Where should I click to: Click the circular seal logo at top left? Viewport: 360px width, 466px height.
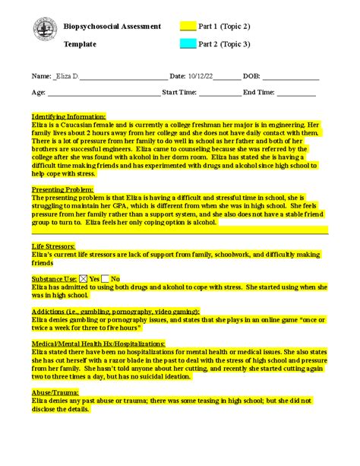45,31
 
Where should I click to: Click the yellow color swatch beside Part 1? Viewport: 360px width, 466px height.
188,27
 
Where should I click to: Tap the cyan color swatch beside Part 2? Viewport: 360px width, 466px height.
188,44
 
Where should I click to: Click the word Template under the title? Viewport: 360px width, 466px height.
80,44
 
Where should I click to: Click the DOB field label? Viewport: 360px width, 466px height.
251,77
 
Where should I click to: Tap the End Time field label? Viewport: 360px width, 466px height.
258,92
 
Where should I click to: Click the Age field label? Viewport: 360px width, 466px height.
39,92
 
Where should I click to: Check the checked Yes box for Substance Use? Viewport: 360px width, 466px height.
84,279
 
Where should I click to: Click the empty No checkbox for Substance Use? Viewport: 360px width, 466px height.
106,279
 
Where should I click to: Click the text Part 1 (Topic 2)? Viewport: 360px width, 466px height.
225,27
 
